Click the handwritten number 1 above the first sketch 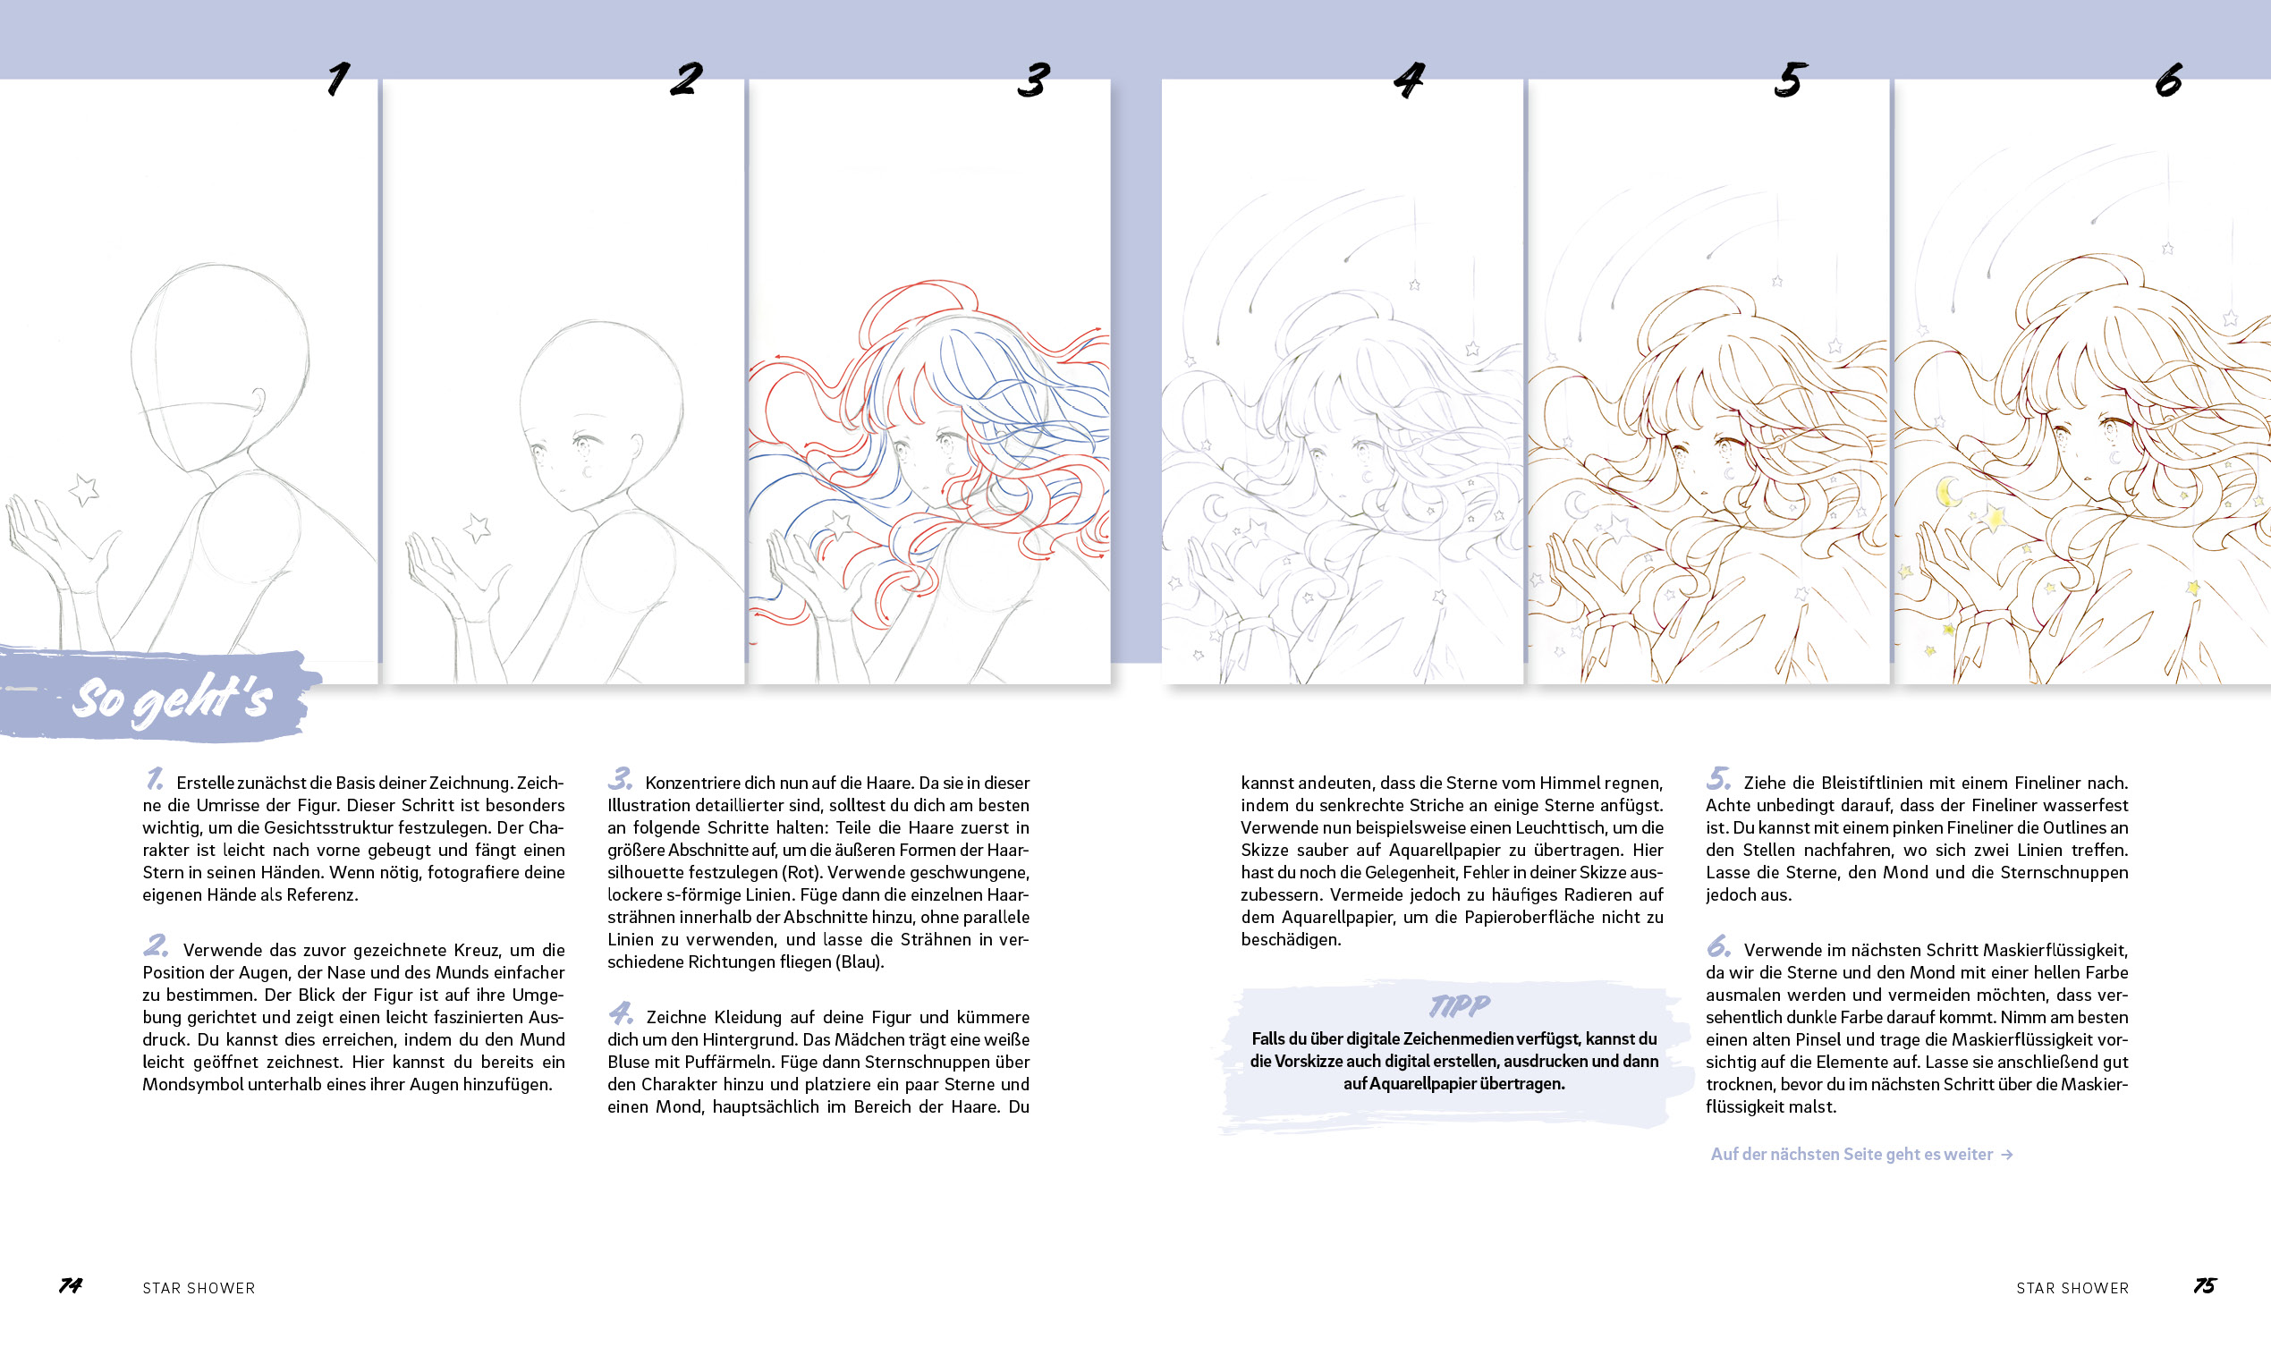pos(339,79)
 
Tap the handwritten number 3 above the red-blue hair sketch pos(1033,80)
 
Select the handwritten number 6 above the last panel pos(2168,80)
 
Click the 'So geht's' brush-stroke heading pos(173,699)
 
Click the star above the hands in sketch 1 pos(84,490)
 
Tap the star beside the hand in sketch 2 pos(478,528)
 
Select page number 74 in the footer pos(71,1285)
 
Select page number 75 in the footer pos(2205,1285)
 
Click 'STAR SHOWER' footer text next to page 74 pos(199,1288)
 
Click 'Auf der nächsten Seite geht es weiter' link pos(1852,1154)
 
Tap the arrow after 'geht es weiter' pos(2007,1155)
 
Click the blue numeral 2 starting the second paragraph pos(157,945)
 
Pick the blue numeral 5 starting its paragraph pos(1718,778)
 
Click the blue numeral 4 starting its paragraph pos(621,1012)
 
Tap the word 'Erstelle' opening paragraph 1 pos(205,783)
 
